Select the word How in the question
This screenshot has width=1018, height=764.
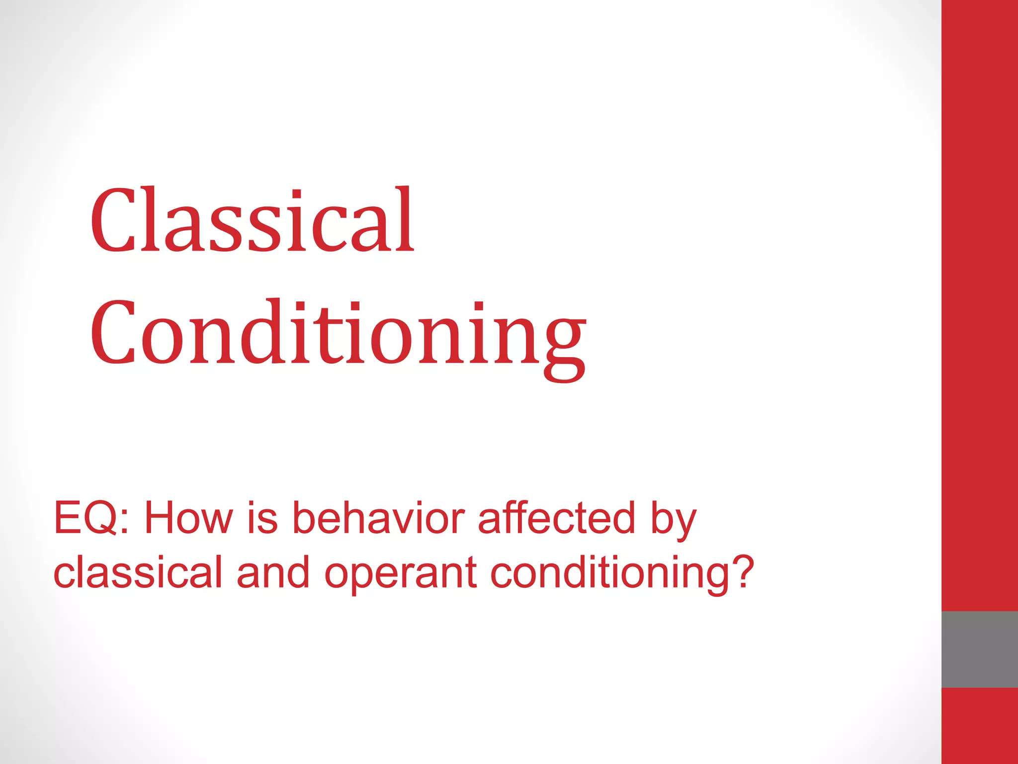[188, 518]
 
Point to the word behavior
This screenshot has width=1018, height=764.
[378, 518]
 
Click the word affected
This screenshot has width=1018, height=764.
[556, 518]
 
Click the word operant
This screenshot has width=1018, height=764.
[401, 574]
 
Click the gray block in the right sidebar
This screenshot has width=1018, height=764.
[979, 649]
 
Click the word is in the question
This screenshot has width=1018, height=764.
[262, 518]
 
